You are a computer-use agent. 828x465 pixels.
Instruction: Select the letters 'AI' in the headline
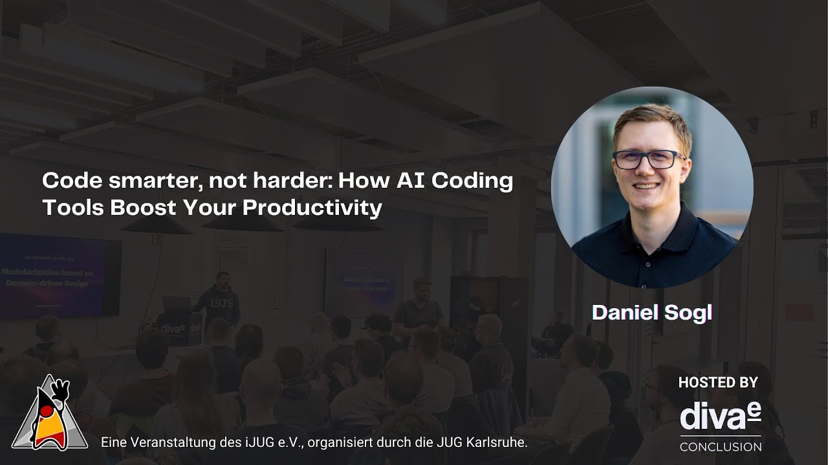[x=406, y=181]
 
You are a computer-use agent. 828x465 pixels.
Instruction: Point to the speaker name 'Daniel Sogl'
[x=651, y=313]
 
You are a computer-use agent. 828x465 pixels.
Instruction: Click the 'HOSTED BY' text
[x=717, y=382]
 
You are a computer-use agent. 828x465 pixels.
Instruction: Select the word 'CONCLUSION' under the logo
[x=720, y=447]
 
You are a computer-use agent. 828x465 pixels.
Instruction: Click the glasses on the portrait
[x=648, y=160]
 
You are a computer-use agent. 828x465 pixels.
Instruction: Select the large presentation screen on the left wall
[x=60, y=276]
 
